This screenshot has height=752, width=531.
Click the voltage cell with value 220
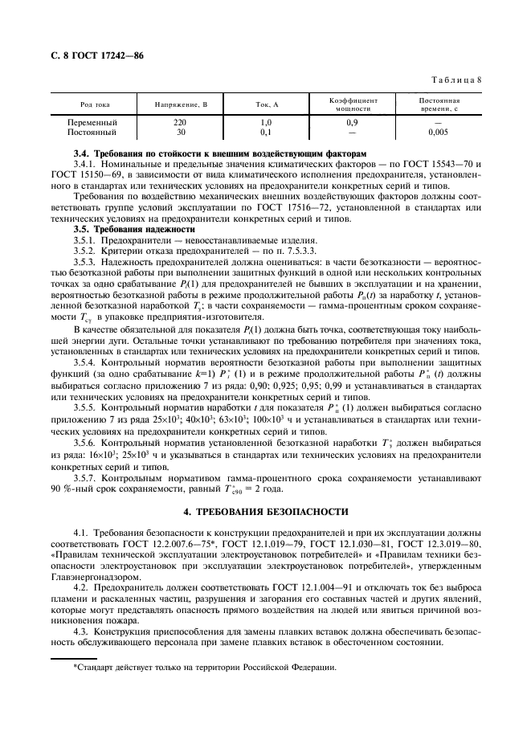(181, 123)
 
